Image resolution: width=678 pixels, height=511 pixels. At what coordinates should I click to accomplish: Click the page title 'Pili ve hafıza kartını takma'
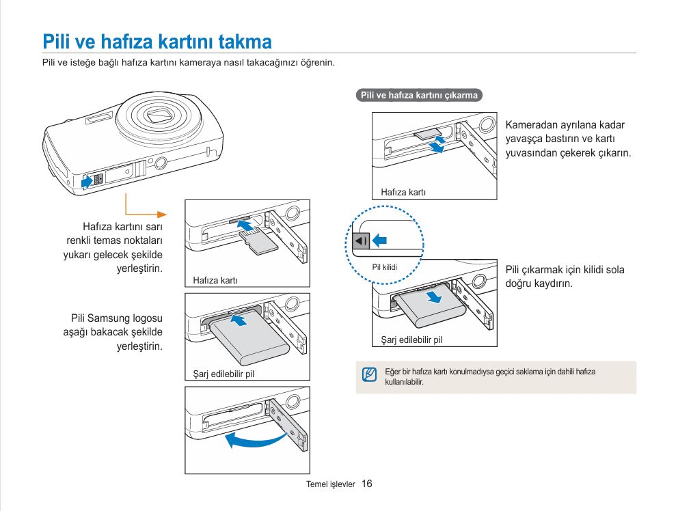[157, 42]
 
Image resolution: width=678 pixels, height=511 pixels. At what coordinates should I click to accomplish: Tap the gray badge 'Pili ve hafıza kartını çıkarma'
[419, 96]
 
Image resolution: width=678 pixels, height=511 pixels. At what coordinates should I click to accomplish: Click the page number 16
[367, 484]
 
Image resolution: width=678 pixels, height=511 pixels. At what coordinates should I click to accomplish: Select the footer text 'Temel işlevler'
[331, 484]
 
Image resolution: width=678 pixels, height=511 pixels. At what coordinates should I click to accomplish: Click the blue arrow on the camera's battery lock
[87, 181]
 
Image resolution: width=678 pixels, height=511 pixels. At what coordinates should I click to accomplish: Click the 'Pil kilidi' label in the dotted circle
[384, 267]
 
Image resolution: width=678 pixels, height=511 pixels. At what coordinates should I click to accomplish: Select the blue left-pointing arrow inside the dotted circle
[379, 240]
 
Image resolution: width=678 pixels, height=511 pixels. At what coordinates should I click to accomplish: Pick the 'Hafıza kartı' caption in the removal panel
[403, 193]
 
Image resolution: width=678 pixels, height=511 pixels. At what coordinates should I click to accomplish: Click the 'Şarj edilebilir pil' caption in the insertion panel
[223, 374]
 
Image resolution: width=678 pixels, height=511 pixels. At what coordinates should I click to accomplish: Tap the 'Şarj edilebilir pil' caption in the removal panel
[411, 340]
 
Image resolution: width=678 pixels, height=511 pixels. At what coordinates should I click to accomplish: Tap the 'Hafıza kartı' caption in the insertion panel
[215, 280]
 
